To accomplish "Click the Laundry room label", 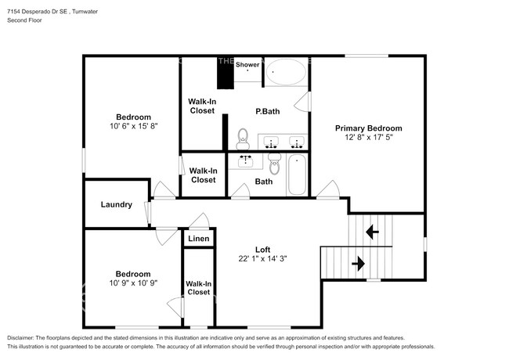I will tap(116, 205).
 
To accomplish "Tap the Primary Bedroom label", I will tap(368, 128).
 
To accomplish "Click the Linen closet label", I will tap(198, 238).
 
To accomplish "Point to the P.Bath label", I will tap(267, 111).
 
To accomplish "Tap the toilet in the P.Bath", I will tap(243, 138).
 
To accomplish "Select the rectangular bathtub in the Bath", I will tap(297, 175).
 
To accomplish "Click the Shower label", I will tap(247, 65).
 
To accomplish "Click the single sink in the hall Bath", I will tap(245, 161).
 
